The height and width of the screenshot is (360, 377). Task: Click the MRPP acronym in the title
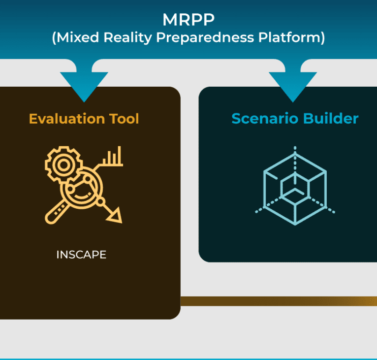point(188,19)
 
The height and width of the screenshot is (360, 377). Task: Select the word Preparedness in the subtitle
point(205,37)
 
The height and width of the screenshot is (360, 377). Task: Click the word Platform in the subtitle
point(289,37)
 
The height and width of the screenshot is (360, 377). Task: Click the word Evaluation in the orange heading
point(67,119)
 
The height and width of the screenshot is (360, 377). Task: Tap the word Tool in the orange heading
point(124,119)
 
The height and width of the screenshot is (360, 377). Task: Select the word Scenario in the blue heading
point(265,119)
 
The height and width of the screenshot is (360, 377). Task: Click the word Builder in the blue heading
point(331,118)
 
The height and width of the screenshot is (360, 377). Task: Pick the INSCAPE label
point(81,255)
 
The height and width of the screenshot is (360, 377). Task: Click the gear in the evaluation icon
point(63,164)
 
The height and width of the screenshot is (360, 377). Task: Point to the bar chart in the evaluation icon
point(113,157)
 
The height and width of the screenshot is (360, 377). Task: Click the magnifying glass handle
point(57,212)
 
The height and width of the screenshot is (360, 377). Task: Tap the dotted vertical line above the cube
point(295,162)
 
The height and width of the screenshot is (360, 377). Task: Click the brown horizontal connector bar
point(279,301)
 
